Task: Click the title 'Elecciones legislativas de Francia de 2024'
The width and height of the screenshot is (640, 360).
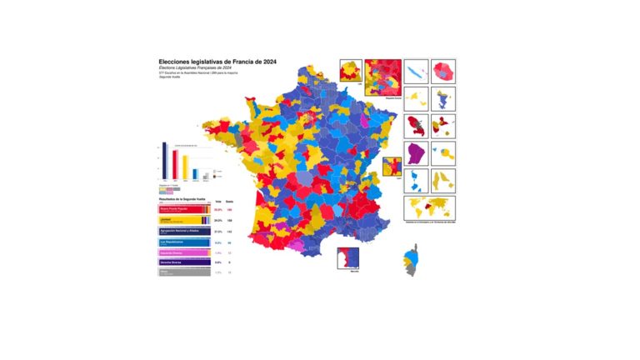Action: (218, 62)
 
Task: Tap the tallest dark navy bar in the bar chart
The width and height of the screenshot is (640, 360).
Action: (164, 161)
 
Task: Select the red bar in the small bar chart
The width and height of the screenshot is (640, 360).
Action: (174, 166)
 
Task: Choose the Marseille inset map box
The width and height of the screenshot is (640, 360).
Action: (348, 259)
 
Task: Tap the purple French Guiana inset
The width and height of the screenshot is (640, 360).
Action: (416, 154)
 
